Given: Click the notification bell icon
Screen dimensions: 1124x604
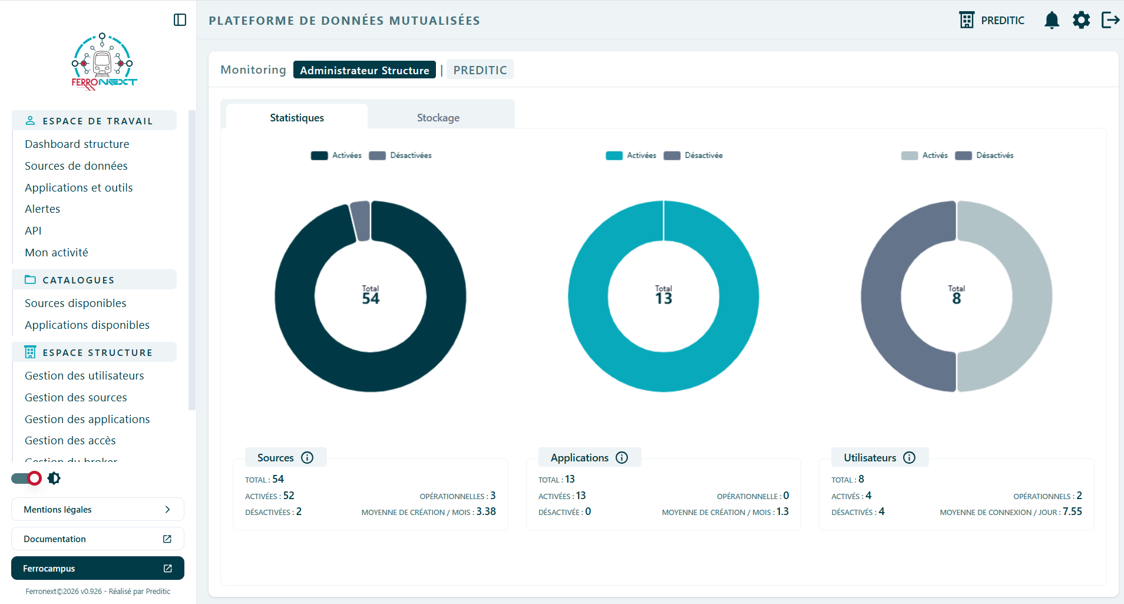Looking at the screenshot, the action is (1052, 20).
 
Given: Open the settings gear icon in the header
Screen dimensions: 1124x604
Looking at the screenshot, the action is (1081, 20).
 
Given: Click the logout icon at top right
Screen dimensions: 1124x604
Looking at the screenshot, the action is (1110, 20).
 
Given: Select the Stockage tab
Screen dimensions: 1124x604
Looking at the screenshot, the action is (438, 117).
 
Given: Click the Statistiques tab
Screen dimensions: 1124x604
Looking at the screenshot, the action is (297, 117).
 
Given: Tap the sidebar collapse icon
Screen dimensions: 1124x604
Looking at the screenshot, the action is (180, 20).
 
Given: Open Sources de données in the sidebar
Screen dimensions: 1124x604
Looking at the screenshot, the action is (76, 166).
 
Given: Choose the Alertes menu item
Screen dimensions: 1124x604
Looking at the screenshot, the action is (42, 209).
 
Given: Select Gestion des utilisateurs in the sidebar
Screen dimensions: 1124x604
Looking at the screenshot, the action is (84, 376).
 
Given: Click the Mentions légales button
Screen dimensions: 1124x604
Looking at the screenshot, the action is (98, 509).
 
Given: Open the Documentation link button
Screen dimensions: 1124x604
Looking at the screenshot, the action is (98, 539).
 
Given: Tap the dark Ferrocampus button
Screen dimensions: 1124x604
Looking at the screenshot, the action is (98, 568).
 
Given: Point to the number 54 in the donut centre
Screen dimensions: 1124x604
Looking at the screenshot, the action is (371, 299).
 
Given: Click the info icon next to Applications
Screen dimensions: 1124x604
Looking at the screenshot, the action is (622, 458).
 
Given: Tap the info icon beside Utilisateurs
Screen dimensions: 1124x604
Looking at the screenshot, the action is (910, 458).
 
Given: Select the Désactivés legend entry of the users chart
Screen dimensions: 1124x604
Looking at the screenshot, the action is (984, 156).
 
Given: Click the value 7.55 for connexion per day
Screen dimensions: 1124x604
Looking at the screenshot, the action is (1072, 511).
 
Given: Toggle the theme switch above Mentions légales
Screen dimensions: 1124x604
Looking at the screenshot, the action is (27, 478).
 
